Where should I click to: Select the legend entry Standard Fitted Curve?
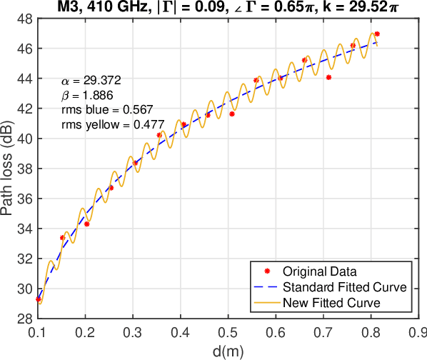pos(345,287)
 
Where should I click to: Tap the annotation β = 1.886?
pos(86,96)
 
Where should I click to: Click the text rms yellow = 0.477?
pos(113,125)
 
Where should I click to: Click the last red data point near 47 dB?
pos(377,34)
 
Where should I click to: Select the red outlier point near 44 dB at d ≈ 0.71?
pos(328,77)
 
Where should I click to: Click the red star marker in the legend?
pos(266,271)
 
